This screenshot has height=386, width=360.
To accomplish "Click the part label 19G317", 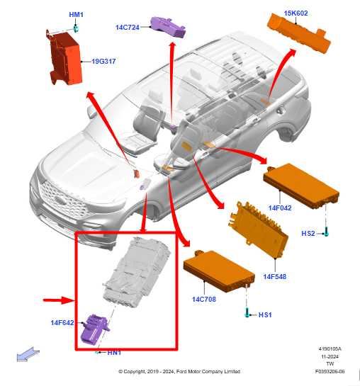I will pos(103,62).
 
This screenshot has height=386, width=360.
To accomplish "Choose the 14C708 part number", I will pos(203,299).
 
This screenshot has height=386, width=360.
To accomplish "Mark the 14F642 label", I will pos(63,323).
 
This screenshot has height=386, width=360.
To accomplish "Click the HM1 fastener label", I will pos(75,14).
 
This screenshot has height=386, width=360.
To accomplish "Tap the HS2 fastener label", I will pos(308,233).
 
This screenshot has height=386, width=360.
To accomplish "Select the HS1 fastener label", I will pos(265,314).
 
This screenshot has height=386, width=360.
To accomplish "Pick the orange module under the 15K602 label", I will pos(297,32).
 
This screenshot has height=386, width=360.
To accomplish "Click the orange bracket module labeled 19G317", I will pos(65,58).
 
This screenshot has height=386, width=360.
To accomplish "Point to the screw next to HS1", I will pos(247,312).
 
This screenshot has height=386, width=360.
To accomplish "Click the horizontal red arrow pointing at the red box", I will pos(58,300).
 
